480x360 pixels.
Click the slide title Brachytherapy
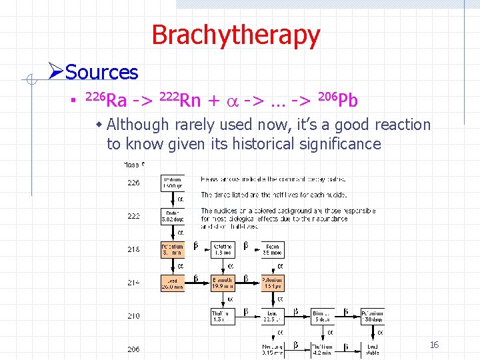coord(236,35)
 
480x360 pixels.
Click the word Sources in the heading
coord(102,72)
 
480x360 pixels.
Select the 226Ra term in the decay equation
coord(107,101)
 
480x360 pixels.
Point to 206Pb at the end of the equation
coord(339,101)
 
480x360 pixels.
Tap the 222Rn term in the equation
coord(181,101)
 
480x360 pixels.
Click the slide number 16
coord(434,345)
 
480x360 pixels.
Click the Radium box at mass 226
coord(173,183)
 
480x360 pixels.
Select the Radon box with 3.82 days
coord(173,215)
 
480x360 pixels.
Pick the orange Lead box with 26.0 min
coord(173,283)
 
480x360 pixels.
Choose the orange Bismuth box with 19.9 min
coord(223,283)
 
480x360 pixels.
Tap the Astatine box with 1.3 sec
coord(223,249)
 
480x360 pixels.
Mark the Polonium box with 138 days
coord(372,316)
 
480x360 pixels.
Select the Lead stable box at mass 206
coord(372,349)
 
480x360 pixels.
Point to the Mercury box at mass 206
coord(272,349)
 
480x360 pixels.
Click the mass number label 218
coord(134,249)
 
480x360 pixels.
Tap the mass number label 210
coord(134,315)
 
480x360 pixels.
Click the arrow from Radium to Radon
coord(173,199)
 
